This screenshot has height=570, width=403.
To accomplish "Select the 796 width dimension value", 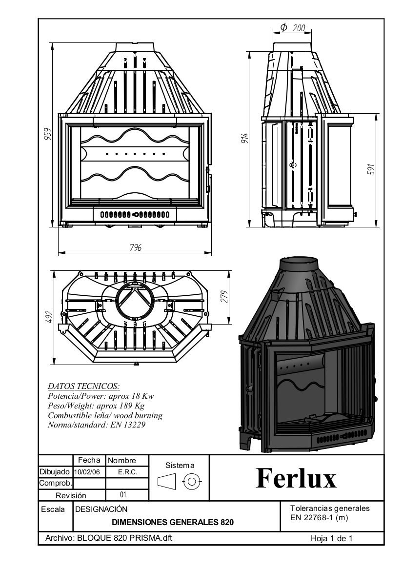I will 136,248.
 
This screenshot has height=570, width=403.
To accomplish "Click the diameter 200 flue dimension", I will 293,28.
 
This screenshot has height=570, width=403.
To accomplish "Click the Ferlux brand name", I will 296,478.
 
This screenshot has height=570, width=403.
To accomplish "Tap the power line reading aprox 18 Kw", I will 101,396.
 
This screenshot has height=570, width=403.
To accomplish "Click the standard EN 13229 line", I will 97,425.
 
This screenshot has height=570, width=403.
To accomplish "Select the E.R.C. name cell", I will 127,472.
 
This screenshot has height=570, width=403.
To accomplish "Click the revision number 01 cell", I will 123,495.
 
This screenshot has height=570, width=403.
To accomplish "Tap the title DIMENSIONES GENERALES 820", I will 173,522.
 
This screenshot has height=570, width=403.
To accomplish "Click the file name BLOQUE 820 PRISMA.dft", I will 108,538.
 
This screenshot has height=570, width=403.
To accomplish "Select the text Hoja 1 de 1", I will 331,538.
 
